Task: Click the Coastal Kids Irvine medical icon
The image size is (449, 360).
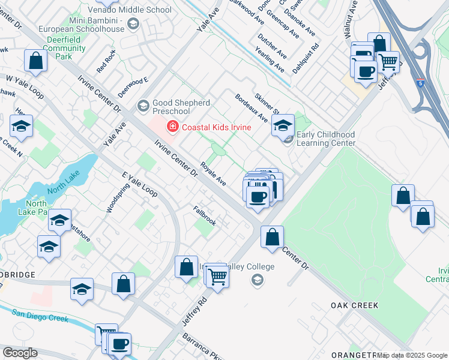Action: tap(173, 127)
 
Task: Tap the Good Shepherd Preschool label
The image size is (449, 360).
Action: tap(179, 107)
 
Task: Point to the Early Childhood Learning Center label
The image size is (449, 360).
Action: tap(325, 139)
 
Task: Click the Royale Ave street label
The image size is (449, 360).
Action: tap(213, 173)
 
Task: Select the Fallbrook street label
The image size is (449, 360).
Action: tap(205, 215)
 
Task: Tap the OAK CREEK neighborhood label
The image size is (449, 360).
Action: tap(354, 305)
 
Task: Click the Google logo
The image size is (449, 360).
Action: tap(20, 353)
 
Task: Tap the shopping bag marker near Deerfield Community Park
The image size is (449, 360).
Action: tap(35, 61)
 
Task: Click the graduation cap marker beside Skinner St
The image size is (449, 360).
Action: tap(283, 125)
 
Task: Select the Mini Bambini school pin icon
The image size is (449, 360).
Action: tap(133, 24)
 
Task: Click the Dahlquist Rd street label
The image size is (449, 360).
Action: tap(306, 55)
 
